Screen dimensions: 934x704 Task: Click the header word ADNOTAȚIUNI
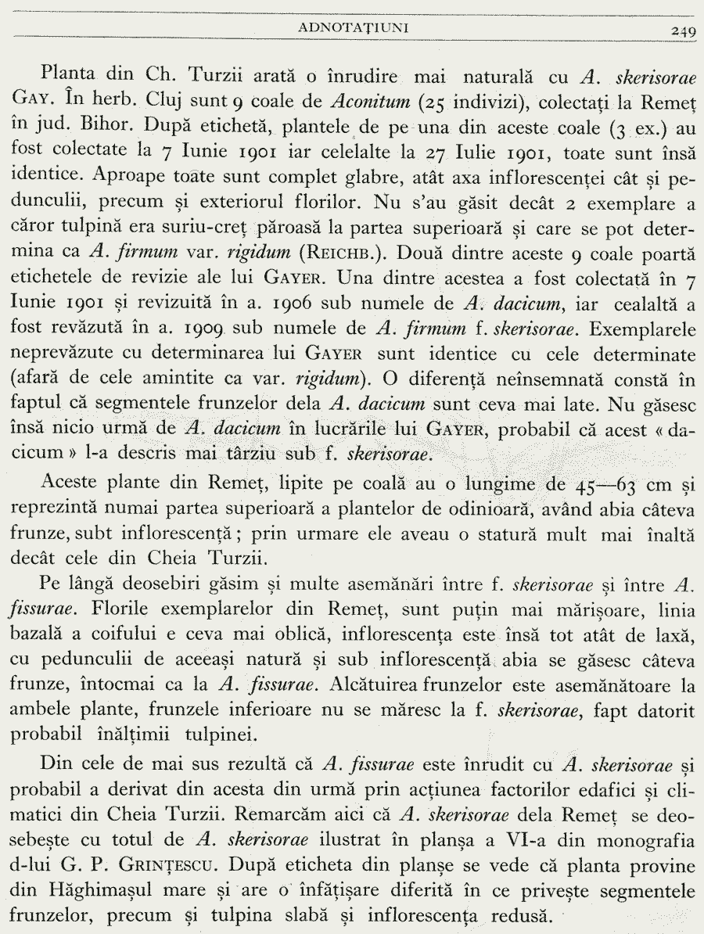[357, 29]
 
